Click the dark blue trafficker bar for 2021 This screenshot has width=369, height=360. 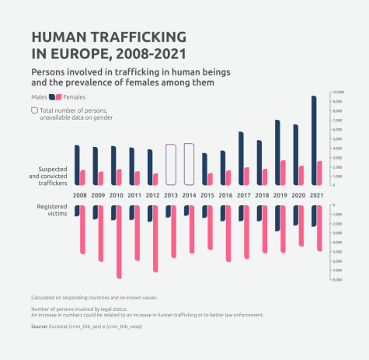(x=314, y=140)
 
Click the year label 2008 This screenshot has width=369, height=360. (x=80, y=195)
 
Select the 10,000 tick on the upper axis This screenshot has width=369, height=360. (x=339, y=93)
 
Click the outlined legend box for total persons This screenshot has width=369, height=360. (x=34, y=111)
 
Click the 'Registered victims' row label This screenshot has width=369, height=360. (x=52, y=209)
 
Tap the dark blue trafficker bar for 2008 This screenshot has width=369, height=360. (x=77, y=165)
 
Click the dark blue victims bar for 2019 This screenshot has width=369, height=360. (x=277, y=218)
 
